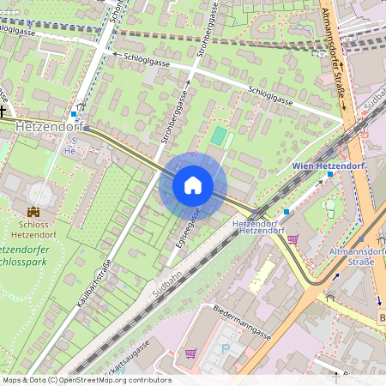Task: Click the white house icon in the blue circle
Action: (x=193, y=185)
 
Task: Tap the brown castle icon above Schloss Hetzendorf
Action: (x=33, y=212)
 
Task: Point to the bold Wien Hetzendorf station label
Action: (x=329, y=164)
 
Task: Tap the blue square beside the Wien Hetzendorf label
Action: (x=329, y=174)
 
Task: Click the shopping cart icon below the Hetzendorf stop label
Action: (x=293, y=239)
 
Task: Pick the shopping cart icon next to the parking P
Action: (x=190, y=352)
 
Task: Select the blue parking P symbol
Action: (x=226, y=348)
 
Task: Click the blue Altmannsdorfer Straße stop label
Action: (x=352, y=256)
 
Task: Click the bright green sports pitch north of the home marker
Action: (x=220, y=136)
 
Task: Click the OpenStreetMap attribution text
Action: (x=87, y=380)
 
